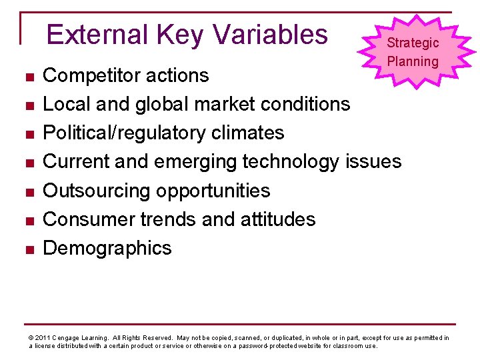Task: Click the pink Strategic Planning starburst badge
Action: [x=413, y=52]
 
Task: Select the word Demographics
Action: [x=107, y=248]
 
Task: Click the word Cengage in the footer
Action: [x=67, y=338]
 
